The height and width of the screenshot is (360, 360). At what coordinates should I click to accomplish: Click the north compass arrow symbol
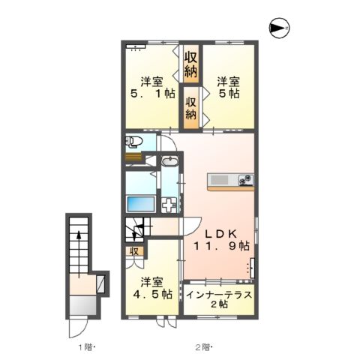[279, 28]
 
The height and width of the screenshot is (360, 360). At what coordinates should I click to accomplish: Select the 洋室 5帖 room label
[229, 88]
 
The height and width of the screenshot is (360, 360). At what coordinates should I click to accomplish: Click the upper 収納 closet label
[191, 63]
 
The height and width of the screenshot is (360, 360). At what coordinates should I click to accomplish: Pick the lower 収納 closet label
[191, 108]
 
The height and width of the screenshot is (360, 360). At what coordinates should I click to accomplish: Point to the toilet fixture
[134, 142]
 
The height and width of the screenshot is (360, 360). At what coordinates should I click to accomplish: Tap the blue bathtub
[141, 204]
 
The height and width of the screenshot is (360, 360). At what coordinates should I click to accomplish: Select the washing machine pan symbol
[169, 204]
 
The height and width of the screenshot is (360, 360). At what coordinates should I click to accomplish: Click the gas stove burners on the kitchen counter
[245, 180]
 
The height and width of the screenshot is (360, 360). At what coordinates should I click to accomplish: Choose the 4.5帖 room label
[153, 289]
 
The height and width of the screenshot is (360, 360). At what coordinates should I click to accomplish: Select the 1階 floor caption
[85, 346]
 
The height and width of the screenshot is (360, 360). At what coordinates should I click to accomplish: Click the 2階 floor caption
[203, 346]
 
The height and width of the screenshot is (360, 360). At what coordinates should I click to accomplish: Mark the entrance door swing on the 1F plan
[78, 328]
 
